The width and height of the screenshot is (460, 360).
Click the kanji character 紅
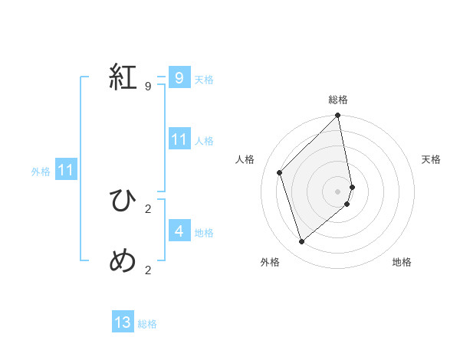pyautogui.click(x=123, y=77)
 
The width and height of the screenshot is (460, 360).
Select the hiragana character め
pyautogui.click(x=123, y=261)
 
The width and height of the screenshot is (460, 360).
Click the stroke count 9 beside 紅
pyautogui.click(x=148, y=87)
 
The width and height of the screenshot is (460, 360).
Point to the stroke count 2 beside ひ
pyautogui.click(x=148, y=208)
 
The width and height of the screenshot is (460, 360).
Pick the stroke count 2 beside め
pyautogui.click(x=148, y=270)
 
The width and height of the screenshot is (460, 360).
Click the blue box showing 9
pyautogui.click(x=179, y=78)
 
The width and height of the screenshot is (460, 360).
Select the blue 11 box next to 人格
pyautogui.click(x=179, y=139)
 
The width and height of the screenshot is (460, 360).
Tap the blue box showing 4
pyautogui.click(x=179, y=231)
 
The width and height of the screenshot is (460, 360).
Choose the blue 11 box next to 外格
pyautogui.click(x=65, y=170)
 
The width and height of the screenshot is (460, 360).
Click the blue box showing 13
pyautogui.click(x=123, y=322)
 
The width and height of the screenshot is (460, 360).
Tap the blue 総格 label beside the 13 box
pyautogui.click(x=147, y=324)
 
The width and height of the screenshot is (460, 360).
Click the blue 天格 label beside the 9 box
pyautogui.click(x=204, y=80)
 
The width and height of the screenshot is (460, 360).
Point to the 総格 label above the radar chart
pyautogui.click(x=338, y=100)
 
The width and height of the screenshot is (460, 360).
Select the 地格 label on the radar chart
pyautogui.click(x=402, y=262)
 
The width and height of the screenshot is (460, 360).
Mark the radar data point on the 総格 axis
pyautogui.click(x=338, y=116)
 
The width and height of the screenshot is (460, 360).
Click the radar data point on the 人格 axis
pyautogui.click(x=280, y=172)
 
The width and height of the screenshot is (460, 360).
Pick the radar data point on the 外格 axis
pyautogui.click(x=302, y=242)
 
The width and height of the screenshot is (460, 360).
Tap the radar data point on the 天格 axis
pyautogui.click(x=353, y=186)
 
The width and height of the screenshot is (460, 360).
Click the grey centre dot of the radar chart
pyautogui.click(x=338, y=191)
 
